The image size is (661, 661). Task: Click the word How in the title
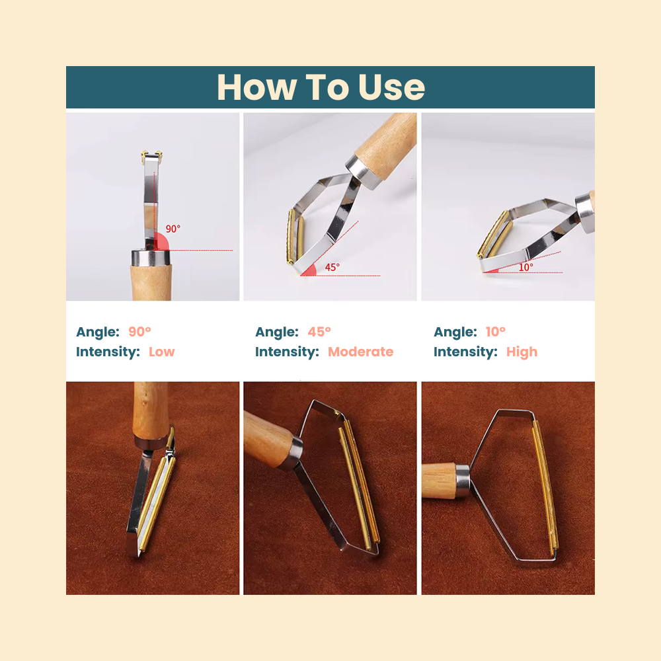[x=256, y=87]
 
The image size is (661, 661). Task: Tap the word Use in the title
[x=391, y=87]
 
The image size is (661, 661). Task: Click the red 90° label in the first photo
[x=173, y=229]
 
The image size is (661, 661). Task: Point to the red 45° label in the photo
[x=332, y=267]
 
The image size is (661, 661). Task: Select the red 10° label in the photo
[x=525, y=267]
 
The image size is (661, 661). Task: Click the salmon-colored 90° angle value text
[x=139, y=332]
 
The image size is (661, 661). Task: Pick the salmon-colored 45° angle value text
[x=319, y=332]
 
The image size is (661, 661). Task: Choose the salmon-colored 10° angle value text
[x=495, y=332]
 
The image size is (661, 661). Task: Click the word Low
[x=161, y=352]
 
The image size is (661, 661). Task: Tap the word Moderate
[x=360, y=352]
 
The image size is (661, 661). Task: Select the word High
[x=522, y=352]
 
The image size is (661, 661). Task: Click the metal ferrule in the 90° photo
[x=151, y=257]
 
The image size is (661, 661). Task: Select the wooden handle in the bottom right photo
[x=439, y=480]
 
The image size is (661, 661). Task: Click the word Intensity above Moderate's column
[x=287, y=352]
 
